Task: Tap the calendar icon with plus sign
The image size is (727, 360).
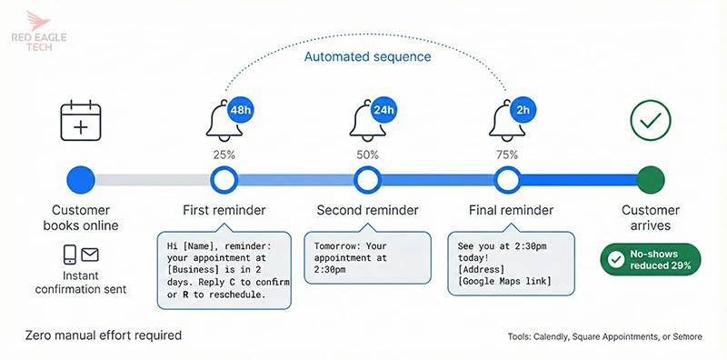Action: click(80, 121)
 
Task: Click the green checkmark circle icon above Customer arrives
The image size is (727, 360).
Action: click(651, 120)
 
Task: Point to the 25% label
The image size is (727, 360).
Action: click(224, 155)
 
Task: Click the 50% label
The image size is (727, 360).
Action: click(367, 155)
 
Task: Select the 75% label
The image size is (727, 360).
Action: click(507, 155)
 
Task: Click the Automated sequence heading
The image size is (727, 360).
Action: click(366, 56)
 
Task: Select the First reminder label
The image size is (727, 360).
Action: click(224, 210)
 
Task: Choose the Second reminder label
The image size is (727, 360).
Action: click(367, 210)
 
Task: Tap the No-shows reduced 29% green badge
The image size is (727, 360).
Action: click(651, 259)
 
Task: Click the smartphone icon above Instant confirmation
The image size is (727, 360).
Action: click(69, 255)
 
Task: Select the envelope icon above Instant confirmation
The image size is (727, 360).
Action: click(91, 255)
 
